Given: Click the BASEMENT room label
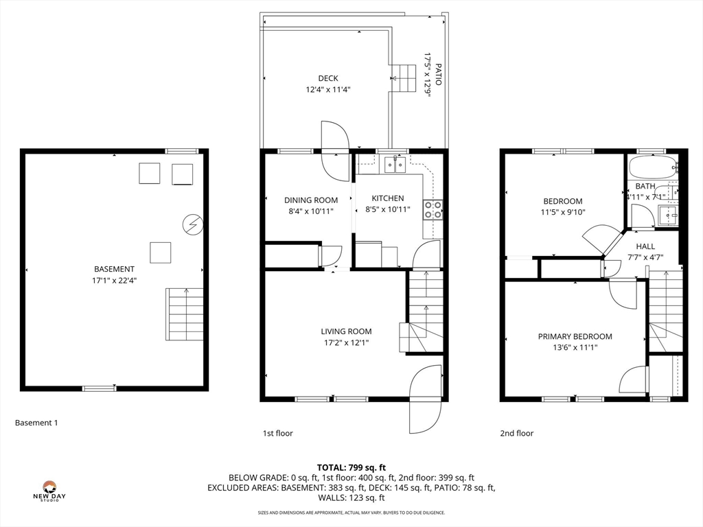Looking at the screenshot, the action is click(x=114, y=269).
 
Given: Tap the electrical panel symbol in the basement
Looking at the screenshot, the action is click(x=193, y=224).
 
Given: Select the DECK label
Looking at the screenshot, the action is click(x=328, y=78).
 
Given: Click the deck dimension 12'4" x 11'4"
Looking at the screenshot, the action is click(x=328, y=90).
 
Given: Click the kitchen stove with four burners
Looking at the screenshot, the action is click(x=433, y=210).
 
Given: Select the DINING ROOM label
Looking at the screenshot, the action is click(x=311, y=200).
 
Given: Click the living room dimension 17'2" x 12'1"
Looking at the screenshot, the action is click(x=346, y=343).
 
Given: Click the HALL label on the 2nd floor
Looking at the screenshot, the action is click(x=645, y=246).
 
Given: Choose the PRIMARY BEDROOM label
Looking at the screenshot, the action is click(x=575, y=336).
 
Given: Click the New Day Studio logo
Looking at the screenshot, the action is click(x=49, y=491).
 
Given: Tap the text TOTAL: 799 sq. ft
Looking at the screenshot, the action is click(x=351, y=468).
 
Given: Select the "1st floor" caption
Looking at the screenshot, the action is click(x=277, y=433).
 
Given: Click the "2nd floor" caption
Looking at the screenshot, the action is click(x=517, y=433).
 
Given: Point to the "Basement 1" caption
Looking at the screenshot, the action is click(x=36, y=423).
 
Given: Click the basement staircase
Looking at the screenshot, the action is click(x=184, y=314).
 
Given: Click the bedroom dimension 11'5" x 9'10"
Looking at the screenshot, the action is click(x=563, y=213).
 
